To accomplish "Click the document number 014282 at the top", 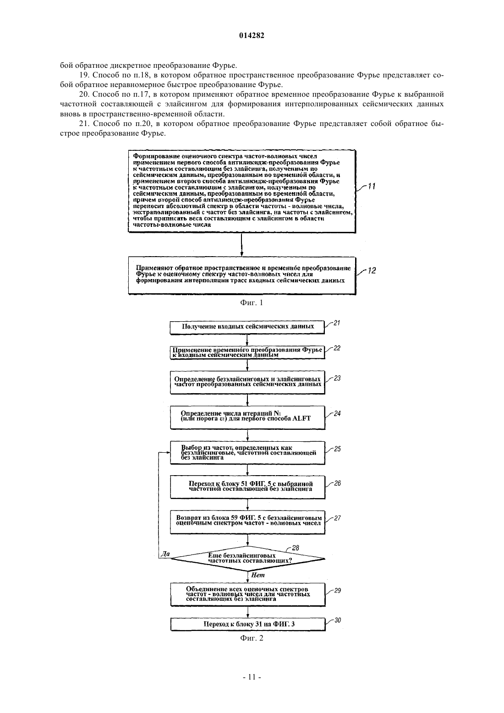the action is (252, 35).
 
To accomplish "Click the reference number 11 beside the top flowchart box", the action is (372, 186).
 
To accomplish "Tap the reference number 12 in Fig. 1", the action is (372, 270).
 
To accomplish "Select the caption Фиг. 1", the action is (252, 302).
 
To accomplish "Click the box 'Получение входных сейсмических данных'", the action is (247, 327).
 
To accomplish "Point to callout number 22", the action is (337, 348).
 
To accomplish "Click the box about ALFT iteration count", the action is (247, 417).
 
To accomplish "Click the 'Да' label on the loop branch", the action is (165, 554).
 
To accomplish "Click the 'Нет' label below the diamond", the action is (257, 575).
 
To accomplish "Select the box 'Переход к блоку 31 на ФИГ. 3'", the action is (248, 624).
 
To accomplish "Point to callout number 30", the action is (338, 620).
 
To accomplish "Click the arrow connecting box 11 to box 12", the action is (242, 244).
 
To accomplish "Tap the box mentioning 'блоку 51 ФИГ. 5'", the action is (247, 487).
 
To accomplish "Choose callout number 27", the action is (337, 518).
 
